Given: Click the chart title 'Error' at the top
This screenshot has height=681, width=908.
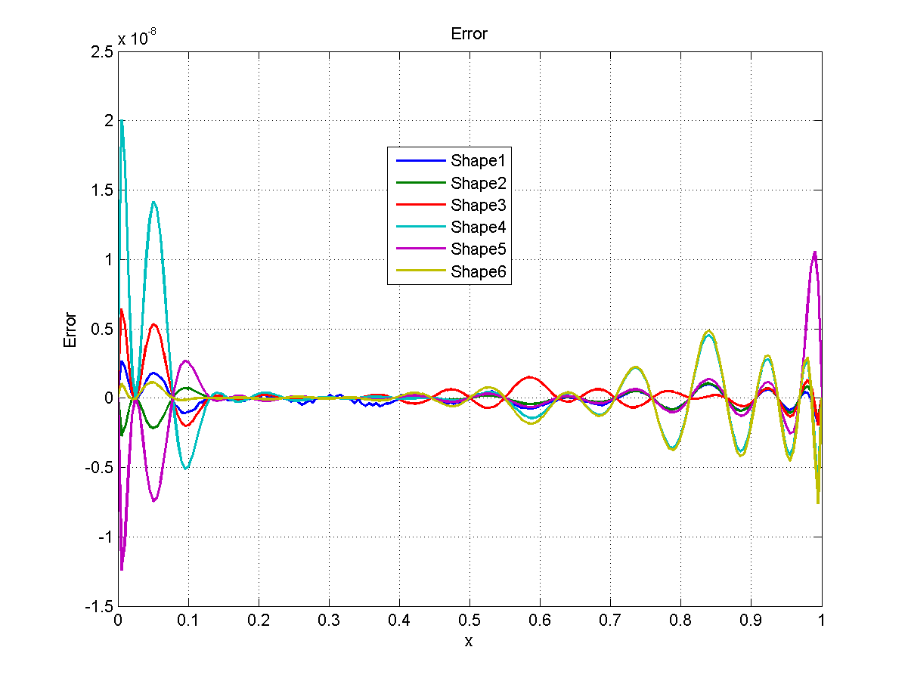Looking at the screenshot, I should pos(469,34).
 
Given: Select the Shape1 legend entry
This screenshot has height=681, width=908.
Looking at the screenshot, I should pos(481,160).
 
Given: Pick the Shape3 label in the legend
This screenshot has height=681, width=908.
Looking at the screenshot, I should pos(481,205).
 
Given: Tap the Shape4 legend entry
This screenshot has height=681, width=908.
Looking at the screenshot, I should pos(481,227).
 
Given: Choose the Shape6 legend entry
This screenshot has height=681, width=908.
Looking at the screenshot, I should pos(481,272).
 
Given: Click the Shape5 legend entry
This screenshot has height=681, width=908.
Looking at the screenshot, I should pos(481,249).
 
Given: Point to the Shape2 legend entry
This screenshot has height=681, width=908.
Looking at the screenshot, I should pos(481,183).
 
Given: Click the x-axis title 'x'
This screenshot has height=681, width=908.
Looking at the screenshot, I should pos(469,642).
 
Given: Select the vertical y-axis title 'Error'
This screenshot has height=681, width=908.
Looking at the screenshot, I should pos(70,329).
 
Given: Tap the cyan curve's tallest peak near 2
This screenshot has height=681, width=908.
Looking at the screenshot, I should pos(122,121).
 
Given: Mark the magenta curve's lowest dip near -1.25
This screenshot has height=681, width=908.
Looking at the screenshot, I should pos(122,569).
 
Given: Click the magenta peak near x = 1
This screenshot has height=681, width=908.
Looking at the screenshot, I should pos(814,252).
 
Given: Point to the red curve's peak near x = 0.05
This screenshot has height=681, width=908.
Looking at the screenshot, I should pos(153,324).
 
